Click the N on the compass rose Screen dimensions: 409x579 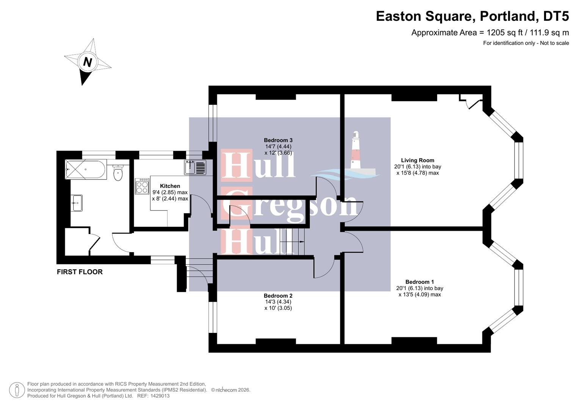[88, 62]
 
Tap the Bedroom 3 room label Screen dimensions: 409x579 [278, 140]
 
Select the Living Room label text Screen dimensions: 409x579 [417, 160]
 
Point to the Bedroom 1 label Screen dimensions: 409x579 [419, 282]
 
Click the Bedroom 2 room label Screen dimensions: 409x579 [278, 296]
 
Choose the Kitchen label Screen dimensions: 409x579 [170, 186]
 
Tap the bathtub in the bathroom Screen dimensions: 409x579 [86, 170]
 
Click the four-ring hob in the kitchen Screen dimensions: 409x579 [142, 186]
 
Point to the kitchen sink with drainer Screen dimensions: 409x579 [195, 167]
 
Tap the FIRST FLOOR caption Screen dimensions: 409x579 [80, 272]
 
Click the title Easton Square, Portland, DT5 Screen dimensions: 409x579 [472, 16]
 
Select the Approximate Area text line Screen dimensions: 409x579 [490, 33]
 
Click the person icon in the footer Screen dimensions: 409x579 [17, 390]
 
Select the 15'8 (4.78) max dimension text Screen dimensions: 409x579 [417, 173]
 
